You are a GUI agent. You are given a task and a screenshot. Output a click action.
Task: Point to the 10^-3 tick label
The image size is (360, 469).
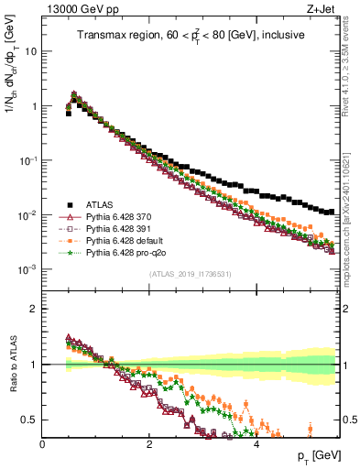pyautogui.click(x=27, y=269)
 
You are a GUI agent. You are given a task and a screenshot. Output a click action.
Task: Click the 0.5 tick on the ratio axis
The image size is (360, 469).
pyautogui.click(x=29, y=420)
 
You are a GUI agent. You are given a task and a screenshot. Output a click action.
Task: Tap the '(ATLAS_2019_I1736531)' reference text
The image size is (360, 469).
pyautogui.click(x=190, y=274)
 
